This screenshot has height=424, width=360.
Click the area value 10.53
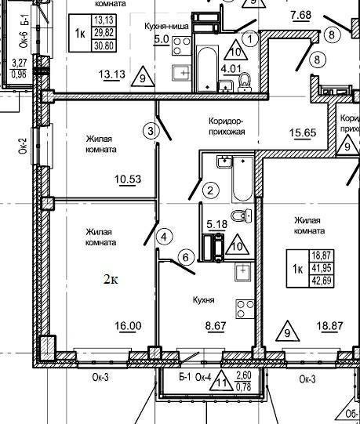[x=128, y=179]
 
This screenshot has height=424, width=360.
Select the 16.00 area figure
[x=128, y=326]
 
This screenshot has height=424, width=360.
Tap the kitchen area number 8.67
[x=216, y=326]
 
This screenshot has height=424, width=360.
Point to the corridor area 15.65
[x=303, y=132]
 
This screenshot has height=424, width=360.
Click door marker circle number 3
[x=151, y=131]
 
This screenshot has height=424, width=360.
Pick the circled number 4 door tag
[x=164, y=237]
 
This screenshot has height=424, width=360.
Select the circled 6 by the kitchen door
[x=186, y=257]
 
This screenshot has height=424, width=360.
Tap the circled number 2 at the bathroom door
[x=210, y=190]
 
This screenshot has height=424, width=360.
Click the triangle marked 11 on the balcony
[x=222, y=381]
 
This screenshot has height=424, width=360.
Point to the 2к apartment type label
[x=111, y=280]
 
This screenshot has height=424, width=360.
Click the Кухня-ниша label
[x=166, y=27]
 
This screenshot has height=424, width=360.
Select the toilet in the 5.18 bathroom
[x=242, y=216]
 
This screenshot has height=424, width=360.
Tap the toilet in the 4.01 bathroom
[x=245, y=82]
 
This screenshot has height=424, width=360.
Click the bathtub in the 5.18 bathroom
[x=243, y=179]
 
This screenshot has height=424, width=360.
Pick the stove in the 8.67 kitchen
[x=245, y=310]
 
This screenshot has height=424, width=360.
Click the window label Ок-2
[x=23, y=146]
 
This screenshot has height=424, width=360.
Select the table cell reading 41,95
[x=322, y=268]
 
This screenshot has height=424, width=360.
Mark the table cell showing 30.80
[x=104, y=45]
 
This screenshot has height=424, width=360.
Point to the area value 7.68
[x=301, y=15]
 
